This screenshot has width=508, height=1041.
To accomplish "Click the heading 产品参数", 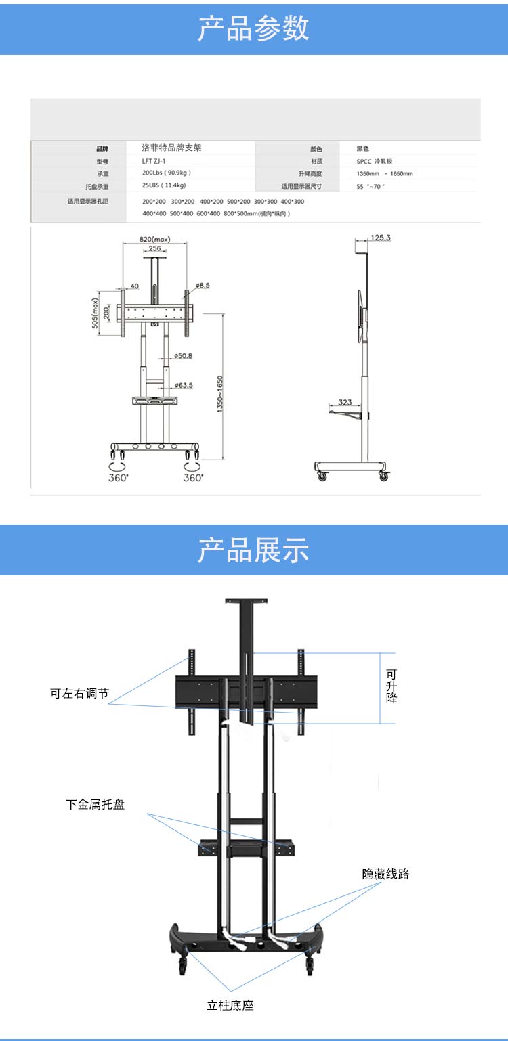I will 253,28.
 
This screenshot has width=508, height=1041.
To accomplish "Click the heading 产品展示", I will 253,550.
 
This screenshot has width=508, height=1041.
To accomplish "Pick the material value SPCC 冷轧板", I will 379,162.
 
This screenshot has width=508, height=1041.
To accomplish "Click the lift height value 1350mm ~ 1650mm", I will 384,174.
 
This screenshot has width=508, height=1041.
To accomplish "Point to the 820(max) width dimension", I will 154,239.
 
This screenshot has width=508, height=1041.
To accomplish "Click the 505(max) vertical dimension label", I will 96,313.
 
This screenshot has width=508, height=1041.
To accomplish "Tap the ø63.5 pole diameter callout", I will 183,385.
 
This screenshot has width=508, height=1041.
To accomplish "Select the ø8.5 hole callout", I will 202,286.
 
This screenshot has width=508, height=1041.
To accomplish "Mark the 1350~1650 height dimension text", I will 220,397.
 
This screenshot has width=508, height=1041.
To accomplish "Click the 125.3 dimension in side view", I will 381,238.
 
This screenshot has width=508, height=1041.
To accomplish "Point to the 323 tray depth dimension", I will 345,403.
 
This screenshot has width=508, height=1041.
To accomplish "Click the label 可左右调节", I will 79,694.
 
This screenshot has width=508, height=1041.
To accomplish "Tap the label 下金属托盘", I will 95,805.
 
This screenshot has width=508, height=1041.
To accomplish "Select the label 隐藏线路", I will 385,874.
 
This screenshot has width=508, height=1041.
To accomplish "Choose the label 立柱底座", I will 230,1005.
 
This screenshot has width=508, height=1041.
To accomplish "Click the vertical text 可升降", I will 391,686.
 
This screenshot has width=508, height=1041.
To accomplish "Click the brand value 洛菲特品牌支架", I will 171,148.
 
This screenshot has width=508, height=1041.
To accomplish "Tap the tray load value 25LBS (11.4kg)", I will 164,185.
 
